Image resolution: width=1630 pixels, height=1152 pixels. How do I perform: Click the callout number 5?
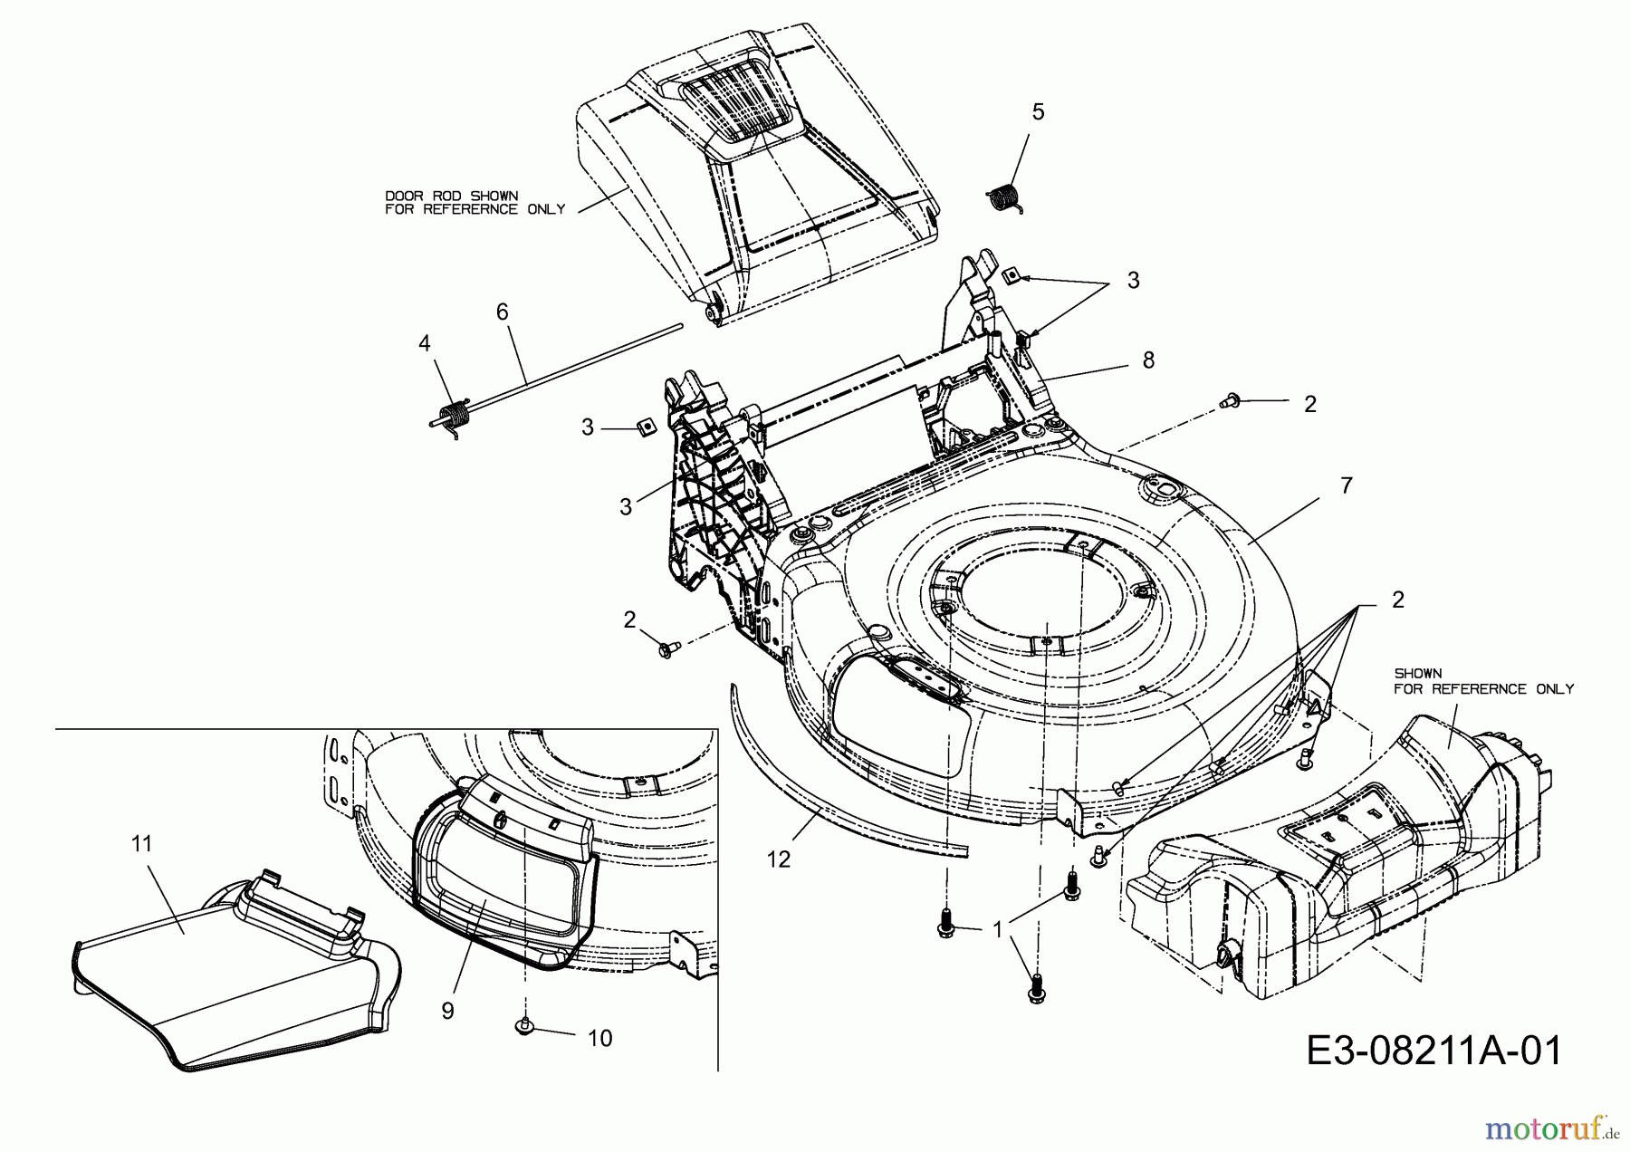tap(1038, 112)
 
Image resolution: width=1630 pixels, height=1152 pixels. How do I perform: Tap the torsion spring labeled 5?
tap(1002, 198)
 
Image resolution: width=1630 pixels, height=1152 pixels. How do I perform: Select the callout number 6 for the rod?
tap(502, 312)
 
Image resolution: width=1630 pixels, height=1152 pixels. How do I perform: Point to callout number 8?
tap(1148, 360)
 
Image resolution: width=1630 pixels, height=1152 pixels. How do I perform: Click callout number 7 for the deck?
tap(1346, 486)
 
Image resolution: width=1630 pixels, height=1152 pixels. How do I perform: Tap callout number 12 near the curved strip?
tap(778, 859)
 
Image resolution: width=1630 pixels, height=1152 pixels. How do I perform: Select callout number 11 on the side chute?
tap(141, 844)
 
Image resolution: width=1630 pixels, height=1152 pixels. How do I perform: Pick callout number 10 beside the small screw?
tap(599, 1038)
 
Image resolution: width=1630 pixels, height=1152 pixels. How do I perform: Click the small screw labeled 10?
tap(524, 1025)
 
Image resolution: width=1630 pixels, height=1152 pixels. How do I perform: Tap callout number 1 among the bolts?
tap(997, 929)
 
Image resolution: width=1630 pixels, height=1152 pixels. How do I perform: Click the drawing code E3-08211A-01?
tap(1434, 1051)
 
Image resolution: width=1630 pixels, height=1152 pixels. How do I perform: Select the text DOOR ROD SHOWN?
tap(451, 196)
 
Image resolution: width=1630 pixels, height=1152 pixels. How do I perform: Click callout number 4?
tap(424, 342)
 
